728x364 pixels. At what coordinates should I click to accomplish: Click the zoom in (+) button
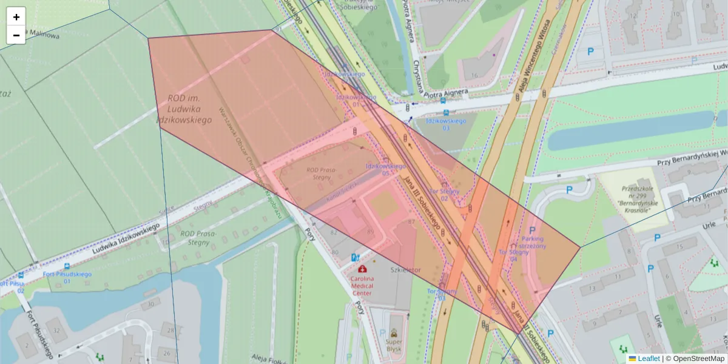[x=16, y=17]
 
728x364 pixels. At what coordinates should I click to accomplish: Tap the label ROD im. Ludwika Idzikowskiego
[x=186, y=109]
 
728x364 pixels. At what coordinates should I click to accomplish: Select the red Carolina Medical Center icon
[x=362, y=269]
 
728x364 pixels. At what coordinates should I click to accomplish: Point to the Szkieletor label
[x=406, y=269]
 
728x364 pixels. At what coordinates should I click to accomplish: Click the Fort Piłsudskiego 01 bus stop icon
[x=66, y=266]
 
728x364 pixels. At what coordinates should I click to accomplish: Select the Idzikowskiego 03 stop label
[x=446, y=124]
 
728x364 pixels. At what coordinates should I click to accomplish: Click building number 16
[x=474, y=75]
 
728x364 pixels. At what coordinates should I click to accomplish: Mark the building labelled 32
[x=56, y=331]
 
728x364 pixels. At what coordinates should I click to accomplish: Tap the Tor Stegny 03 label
[x=441, y=294]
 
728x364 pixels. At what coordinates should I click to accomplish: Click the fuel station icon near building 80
[x=355, y=258]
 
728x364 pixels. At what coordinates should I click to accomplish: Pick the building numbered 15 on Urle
[x=678, y=247]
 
